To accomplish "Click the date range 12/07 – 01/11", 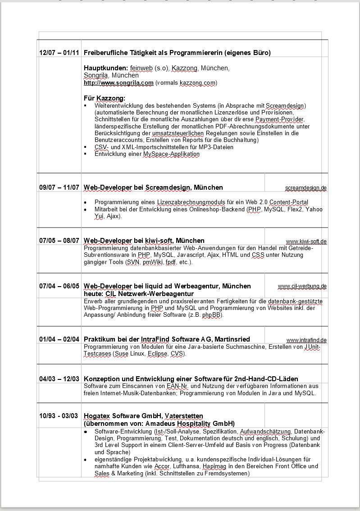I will (x=59, y=53).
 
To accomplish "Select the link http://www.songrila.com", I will (x=118, y=83).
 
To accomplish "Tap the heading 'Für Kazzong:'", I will (x=105, y=98).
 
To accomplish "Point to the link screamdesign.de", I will (x=305, y=187).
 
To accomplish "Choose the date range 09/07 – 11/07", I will (x=59, y=187).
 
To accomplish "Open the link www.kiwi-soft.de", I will (x=306, y=242).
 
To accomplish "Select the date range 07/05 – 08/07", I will (x=59, y=241).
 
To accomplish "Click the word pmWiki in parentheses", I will (x=152, y=262).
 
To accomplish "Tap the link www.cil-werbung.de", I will (x=302, y=286).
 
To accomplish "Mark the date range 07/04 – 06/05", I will (x=59, y=286).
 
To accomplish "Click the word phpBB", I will (x=212, y=315).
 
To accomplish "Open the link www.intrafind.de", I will (x=306, y=340).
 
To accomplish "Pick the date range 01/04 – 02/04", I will (x=59, y=339).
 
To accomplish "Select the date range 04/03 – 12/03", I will (x=59, y=379).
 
